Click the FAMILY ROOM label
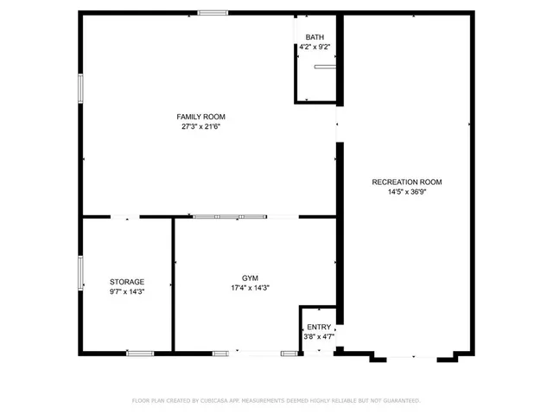click(201, 116)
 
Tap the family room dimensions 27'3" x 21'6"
click(201, 126)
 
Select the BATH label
click(315, 37)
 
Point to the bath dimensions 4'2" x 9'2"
click(315, 47)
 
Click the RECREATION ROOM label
click(406, 182)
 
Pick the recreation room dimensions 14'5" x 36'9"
click(406, 192)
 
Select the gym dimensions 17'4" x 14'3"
click(251, 288)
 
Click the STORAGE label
click(127, 282)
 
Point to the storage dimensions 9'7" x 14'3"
click(127, 292)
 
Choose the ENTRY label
click(319, 327)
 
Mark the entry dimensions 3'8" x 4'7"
click(319, 336)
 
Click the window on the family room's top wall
click(213, 13)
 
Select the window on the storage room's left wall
click(81, 271)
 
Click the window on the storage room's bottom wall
click(140, 353)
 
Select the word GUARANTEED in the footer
click(398, 400)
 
